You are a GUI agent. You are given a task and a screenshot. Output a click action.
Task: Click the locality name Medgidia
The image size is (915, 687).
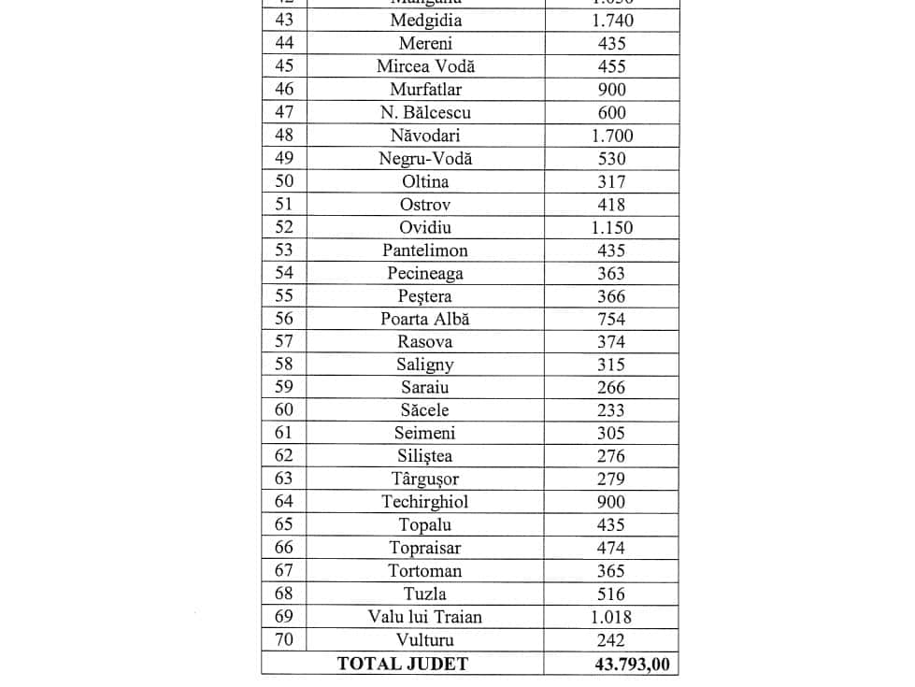(x=425, y=21)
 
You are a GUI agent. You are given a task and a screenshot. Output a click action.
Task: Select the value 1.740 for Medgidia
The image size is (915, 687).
(x=612, y=21)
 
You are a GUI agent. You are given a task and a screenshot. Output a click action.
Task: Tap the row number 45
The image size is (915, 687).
(x=284, y=66)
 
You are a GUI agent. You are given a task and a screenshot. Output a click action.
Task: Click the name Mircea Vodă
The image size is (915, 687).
(x=425, y=66)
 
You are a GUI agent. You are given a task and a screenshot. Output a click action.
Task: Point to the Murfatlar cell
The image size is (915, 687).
(x=425, y=90)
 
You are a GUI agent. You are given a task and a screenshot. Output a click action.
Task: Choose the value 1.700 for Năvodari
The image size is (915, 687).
(x=612, y=136)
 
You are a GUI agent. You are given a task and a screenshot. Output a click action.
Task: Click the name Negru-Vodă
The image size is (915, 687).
(x=425, y=158)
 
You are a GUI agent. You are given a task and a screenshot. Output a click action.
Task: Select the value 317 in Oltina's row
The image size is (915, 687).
(x=612, y=181)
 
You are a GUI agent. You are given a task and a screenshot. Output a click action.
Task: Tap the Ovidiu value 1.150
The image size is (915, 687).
(x=612, y=227)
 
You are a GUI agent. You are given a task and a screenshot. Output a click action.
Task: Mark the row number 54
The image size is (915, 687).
(x=284, y=273)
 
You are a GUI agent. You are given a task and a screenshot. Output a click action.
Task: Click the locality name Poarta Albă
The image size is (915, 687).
(x=425, y=319)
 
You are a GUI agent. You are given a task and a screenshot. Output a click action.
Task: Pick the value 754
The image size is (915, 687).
(x=612, y=319)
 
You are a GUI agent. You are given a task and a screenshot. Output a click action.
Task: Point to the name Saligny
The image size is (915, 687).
(x=425, y=365)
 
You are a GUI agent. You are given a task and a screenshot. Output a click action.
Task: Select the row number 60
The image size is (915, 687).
(x=284, y=410)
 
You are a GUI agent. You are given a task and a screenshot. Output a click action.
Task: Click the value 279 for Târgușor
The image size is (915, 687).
(x=612, y=479)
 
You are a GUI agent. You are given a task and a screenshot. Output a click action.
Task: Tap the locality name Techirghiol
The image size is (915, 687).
(x=425, y=502)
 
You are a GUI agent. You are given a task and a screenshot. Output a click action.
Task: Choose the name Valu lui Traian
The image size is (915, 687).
(x=425, y=617)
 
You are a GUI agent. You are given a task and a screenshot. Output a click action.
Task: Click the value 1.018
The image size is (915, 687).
(x=612, y=617)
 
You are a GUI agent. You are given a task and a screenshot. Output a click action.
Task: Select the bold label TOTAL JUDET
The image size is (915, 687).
(x=402, y=664)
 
